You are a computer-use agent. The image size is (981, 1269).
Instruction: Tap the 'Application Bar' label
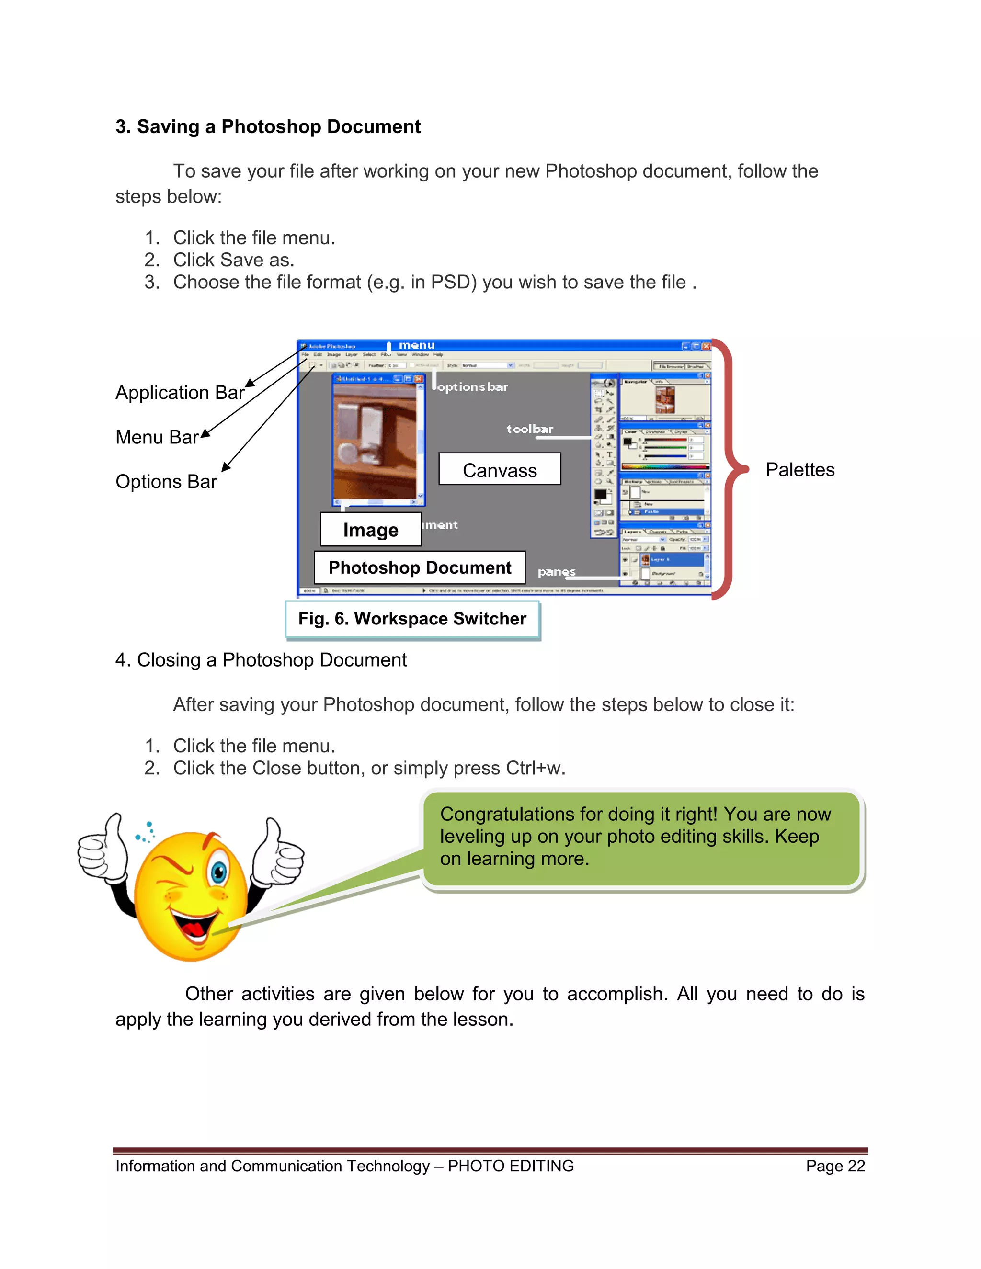(180, 393)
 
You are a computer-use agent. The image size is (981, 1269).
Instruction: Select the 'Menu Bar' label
(157, 437)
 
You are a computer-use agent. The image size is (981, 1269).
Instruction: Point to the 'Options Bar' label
(166, 482)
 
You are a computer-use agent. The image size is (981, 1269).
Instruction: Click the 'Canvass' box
(499, 469)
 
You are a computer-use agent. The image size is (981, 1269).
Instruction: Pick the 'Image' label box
(371, 529)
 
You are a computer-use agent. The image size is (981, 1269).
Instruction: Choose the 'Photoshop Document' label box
(420, 567)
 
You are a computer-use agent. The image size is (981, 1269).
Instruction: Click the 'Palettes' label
(799, 469)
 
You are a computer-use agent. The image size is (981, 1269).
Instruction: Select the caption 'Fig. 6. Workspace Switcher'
(412, 619)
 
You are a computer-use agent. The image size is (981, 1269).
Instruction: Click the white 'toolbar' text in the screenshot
(529, 430)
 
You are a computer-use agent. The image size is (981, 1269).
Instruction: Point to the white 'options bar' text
(472, 387)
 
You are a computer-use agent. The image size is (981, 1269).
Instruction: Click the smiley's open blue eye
(218, 872)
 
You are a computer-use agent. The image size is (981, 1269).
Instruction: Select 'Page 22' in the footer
(835, 1166)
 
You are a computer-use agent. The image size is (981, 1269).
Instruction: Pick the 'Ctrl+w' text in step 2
(534, 768)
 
